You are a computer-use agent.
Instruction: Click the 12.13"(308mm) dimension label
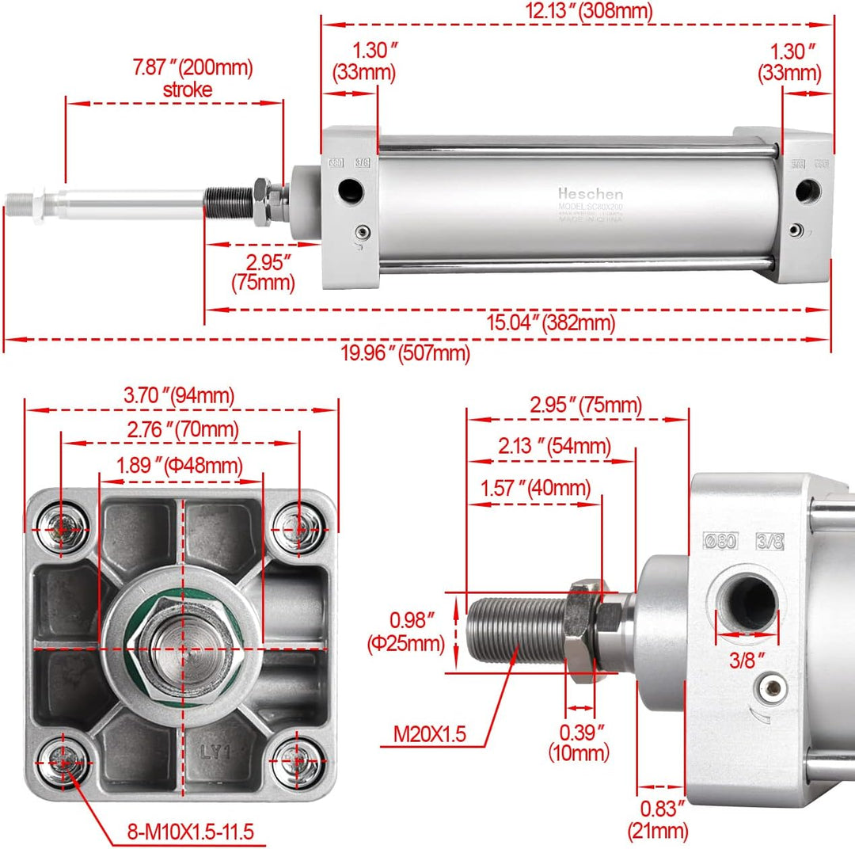(578, 11)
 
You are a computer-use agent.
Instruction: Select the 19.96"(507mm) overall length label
(405, 353)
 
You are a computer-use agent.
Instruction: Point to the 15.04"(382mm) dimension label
(550, 323)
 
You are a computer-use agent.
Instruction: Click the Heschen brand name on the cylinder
(590, 194)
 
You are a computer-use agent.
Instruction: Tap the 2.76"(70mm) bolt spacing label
(182, 430)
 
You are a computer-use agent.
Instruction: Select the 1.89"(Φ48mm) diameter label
(180, 465)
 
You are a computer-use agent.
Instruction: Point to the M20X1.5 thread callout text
(430, 734)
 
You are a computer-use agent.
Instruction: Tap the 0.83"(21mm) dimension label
(658, 820)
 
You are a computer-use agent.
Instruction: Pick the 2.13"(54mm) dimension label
(555, 447)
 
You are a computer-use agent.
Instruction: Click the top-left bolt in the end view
(64, 523)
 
